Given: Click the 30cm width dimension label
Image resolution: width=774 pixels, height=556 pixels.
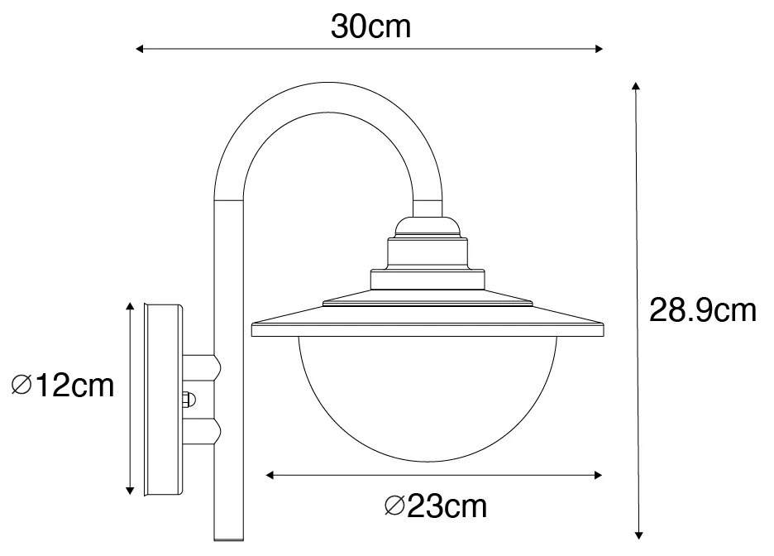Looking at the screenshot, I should point(370,27).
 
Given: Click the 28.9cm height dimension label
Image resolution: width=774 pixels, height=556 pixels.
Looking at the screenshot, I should point(702,311).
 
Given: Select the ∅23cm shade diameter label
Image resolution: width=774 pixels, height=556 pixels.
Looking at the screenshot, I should point(436,505).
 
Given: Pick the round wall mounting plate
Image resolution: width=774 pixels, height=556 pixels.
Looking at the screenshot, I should point(163,400).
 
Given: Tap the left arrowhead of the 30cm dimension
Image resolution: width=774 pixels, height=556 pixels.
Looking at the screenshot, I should point(140,50).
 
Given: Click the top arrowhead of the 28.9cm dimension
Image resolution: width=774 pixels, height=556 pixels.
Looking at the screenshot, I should point(635,86).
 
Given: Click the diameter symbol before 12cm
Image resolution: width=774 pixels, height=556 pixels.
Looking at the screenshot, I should point(22,386).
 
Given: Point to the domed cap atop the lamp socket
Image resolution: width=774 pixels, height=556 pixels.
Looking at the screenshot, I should point(426,226).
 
